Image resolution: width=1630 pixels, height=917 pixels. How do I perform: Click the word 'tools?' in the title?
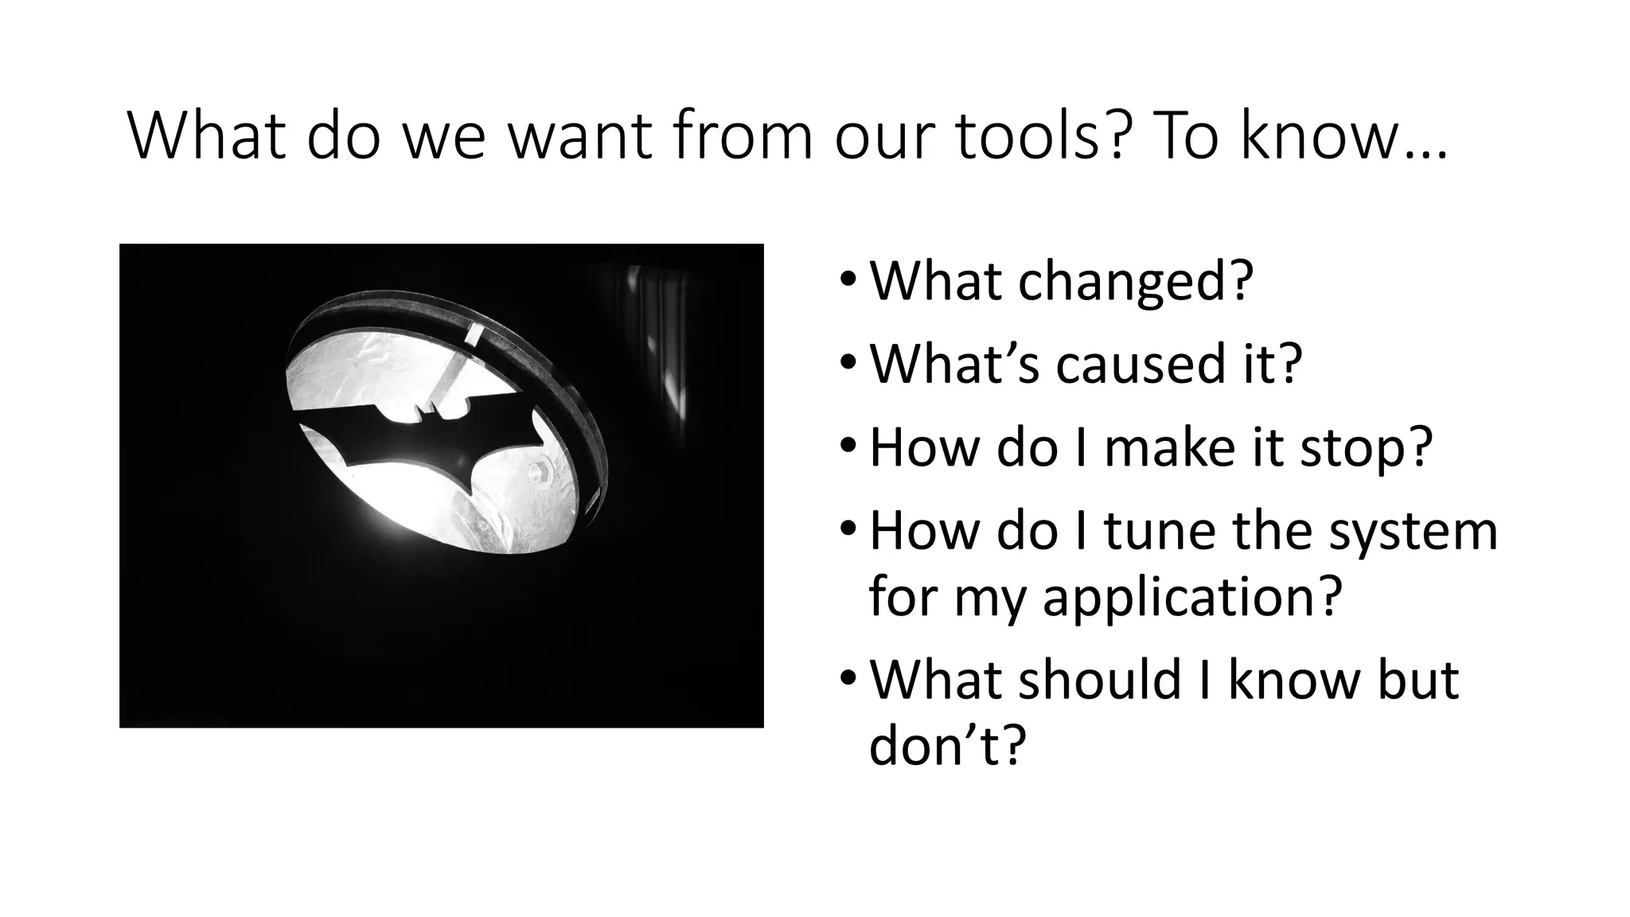[x=1039, y=137]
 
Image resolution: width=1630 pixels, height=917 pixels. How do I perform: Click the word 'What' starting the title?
[x=206, y=137]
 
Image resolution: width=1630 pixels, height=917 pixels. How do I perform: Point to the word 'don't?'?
[x=948, y=746]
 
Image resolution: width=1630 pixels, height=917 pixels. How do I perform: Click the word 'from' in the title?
[x=743, y=137]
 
